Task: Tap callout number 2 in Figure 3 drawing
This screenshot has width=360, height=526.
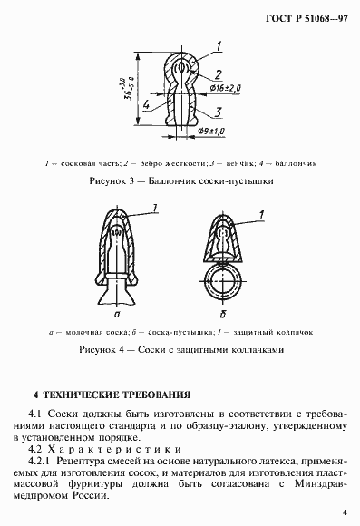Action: [x=219, y=73]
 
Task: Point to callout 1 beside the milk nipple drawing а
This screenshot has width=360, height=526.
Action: [x=157, y=210]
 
